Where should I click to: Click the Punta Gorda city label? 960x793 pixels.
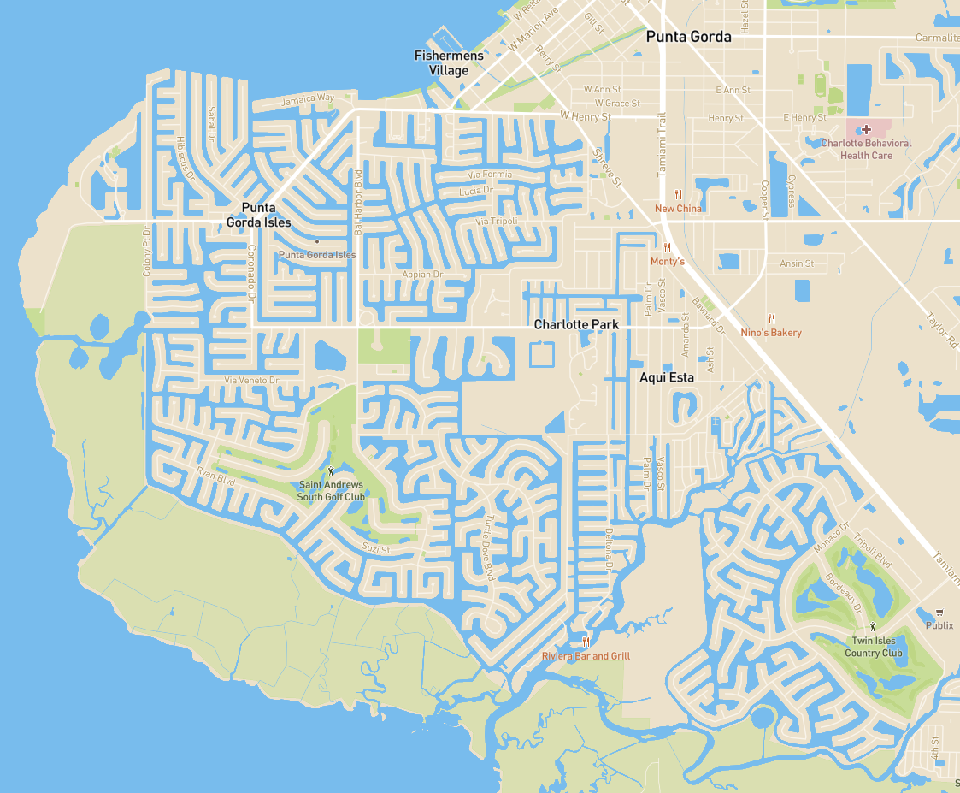click(x=688, y=37)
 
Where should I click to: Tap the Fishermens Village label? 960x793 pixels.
click(x=449, y=62)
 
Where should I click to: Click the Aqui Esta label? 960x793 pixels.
click(x=667, y=376)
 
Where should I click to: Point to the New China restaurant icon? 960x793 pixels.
click(x=678, y=195)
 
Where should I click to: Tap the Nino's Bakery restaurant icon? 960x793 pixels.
click(x=771, y=318)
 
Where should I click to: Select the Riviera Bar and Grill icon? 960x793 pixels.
click(x=586, y=642)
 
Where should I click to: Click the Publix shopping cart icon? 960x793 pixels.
click(x=939, y=613)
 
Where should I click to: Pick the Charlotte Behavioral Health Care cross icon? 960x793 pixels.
click(x=866, y=129)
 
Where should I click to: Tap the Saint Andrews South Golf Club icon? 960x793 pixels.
click(x=331, y=471)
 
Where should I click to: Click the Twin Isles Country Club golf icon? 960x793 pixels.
click(x=873, y=627)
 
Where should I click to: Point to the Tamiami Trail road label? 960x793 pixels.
click(x=661, y=146)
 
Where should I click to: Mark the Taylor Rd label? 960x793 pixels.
click(x=942, y=329)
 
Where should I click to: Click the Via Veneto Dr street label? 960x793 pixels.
click(x=251, y=380)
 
